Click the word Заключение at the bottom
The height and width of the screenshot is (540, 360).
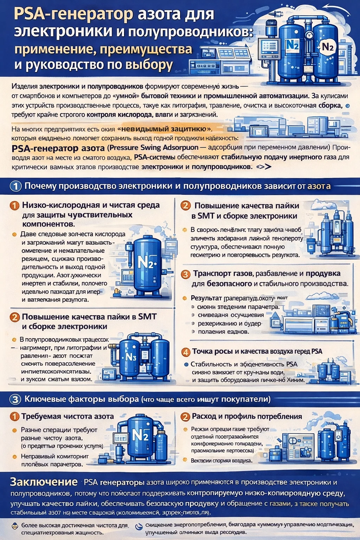coord(44,482)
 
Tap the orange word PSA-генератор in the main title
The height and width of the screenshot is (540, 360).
coord(73,15)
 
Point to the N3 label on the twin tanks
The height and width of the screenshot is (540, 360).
coord(131,357)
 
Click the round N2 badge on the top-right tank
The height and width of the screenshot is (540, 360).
coord(328,47)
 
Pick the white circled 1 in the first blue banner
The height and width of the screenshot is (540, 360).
coord(15,186)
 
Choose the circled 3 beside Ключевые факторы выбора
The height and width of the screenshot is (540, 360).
coord(15,399)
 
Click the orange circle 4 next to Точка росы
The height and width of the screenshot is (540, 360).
coord(186,352)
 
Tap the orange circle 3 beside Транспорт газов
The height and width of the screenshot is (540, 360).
coord(186,274)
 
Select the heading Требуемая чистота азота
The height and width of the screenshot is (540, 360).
coord(67,417)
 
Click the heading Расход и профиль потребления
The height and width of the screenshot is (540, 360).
coord(247,417)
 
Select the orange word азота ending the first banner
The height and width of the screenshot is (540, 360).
coord(319,186)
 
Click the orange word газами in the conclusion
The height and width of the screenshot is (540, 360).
coord(280,503)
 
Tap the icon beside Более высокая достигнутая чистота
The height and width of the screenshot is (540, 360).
coord(14,526)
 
